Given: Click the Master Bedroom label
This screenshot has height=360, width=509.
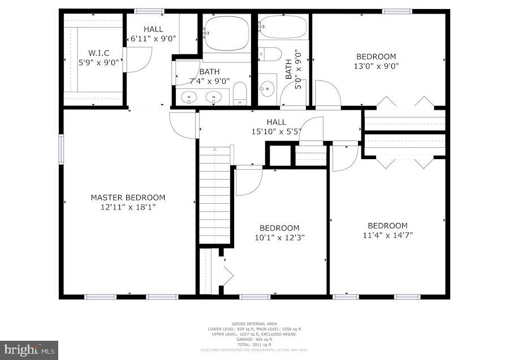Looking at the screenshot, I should pyautogui.click(x=128, y=198).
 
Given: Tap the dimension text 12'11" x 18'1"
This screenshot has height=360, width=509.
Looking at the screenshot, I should pyautogui.click(x=128, y=207).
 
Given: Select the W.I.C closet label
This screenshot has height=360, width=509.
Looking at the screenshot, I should pyautogui.click(x=98, y=53).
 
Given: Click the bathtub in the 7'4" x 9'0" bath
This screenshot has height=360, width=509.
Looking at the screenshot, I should pyautogui.click(x=227, y=34).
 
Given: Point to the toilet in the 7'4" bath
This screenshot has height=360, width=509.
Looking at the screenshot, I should pyautogui.click(x=240, y=94).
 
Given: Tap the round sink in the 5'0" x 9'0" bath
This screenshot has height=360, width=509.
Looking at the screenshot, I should pyautogui.click(x=267, y=89).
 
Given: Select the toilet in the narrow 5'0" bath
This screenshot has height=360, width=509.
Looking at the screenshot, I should pyautogui.click(x=270, y=54).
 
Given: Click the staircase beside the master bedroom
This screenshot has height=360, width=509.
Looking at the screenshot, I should pyautogui.click(x=215, y=195).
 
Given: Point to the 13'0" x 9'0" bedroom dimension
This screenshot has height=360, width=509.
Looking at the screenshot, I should pyautogui.click(x=376, y=66).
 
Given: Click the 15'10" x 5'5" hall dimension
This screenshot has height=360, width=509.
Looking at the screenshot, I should pyautogui.click(x=277, y=131).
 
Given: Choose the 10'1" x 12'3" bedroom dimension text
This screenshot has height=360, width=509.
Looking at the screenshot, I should pyautogui.click(x=279, y=238).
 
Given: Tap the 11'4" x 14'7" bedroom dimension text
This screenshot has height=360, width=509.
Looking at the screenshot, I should pyautogui.click(x=387, y=235).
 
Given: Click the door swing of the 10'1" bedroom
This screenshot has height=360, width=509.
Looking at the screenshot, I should pyautogui.click(x=248, y=181).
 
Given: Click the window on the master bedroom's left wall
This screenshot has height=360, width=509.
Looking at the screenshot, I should pyautogui.click(x=61, y=149).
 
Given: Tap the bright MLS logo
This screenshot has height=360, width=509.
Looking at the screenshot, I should pyautogui.click(x=29, y=350).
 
